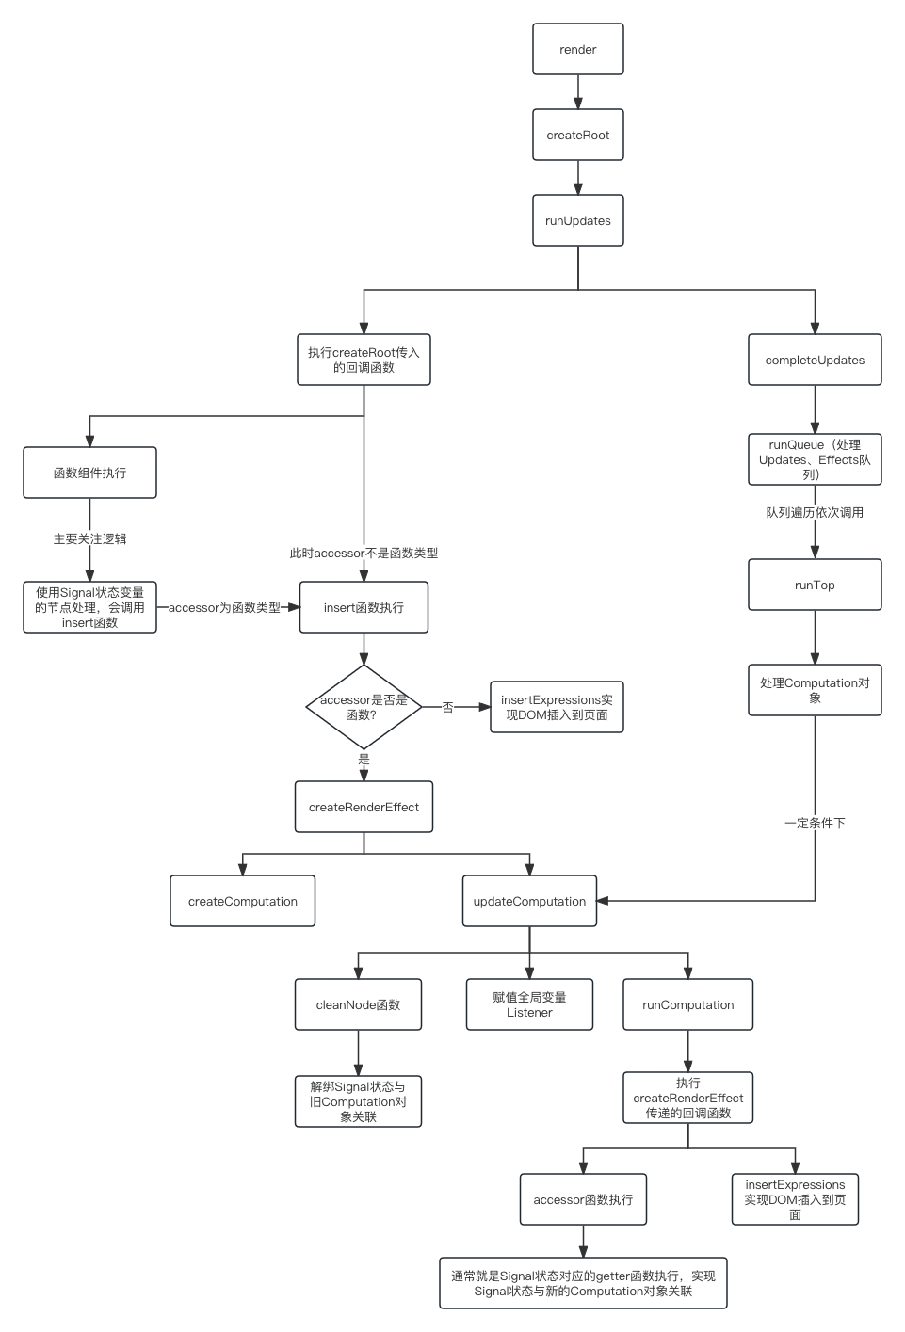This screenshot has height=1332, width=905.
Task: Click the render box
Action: pyautogui.click(x=577, y=50)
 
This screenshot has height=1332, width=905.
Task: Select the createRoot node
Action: pyautogui.click(x=577, y=136)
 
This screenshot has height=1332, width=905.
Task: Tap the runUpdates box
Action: pyautogui.click(x=577, y=221)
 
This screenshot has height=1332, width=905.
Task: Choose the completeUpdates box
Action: pyautogui.click(x=815, y=361)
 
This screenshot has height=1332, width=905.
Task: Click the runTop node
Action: pyautogui.click(x=815, y=586)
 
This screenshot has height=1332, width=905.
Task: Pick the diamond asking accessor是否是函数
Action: pyautogui.click(x=364, y=708)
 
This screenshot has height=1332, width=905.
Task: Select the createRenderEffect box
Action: pyautogui.click(x=364, y=808)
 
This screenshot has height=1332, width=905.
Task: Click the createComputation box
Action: pyautogui.click(x=243, y=902)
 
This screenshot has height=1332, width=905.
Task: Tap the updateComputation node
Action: pyautogui.click(x=529, y=902)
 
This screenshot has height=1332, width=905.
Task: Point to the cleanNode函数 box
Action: pyautogui.click(x=358, y=1005)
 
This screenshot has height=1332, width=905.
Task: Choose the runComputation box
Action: pyautogui.click(x=687, y=1005)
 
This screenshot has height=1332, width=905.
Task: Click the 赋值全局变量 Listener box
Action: pyautogui.click(x=529, y=1005)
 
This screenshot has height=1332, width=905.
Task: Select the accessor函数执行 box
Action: pyautogui.click(x=583, y=1200)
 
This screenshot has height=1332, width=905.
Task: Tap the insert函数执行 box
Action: pyautogui.click(x=364, y=608)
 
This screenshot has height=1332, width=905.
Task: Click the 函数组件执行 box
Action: pyautogui.click(x=89, y=473)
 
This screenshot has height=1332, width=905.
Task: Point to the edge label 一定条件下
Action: pyautogui.click(x=815, y=824)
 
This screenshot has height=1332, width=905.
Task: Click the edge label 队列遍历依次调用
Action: pyautogui.click(x=815, y=513)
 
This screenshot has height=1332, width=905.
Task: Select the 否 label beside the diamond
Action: pyautogui.click(x=448, y=708)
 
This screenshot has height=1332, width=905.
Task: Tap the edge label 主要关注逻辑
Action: pyautogui.click(x=89, y=539)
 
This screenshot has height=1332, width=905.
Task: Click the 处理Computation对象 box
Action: pyautogui.click(x=815, y=691)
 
